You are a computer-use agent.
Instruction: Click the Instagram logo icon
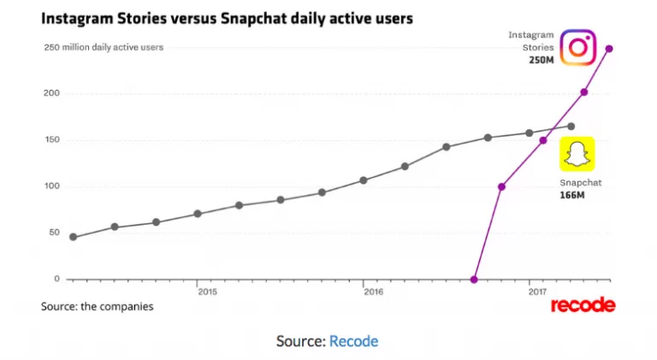(577, 46)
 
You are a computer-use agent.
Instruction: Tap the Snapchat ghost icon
(577, 155)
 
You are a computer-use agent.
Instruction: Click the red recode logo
(583, 305)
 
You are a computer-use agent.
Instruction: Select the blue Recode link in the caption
(353, 341)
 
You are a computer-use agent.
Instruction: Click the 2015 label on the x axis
(206, 292)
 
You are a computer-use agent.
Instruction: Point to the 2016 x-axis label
(372, 292)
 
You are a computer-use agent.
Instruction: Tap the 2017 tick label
(538, 292)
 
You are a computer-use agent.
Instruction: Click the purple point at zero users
(475, 280)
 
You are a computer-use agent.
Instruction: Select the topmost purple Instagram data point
(609, 48)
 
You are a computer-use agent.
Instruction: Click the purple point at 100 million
(501, 186)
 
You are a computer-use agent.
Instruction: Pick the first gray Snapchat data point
(73, 237)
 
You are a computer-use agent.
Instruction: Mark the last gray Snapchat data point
(571, 126)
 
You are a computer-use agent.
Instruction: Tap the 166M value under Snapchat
(572, 196)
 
